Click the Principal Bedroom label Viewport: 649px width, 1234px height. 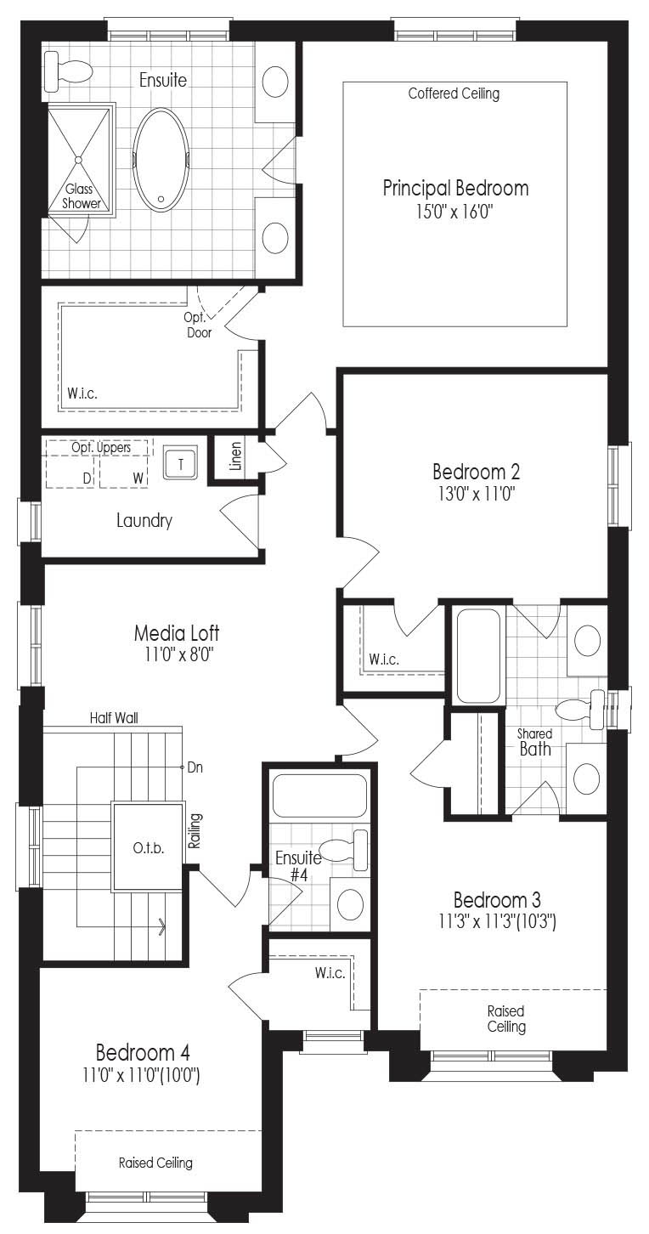455,188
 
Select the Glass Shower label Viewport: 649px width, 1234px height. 81,196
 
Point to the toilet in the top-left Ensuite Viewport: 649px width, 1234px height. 68,71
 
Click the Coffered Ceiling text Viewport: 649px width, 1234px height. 454,93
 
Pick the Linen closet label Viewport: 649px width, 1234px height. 236,456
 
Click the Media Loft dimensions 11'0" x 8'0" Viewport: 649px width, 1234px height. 178,655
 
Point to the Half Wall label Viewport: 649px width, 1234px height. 114,718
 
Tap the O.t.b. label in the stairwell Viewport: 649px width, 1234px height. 149,848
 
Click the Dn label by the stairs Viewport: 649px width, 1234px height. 195,767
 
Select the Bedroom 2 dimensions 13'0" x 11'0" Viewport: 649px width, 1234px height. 477,494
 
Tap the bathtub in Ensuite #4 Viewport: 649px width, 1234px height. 319,795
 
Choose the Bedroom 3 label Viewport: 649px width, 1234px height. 497,900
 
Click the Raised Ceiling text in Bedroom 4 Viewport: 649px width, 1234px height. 155,1163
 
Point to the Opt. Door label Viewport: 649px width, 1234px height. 199,325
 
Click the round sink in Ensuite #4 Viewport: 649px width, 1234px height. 350,903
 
